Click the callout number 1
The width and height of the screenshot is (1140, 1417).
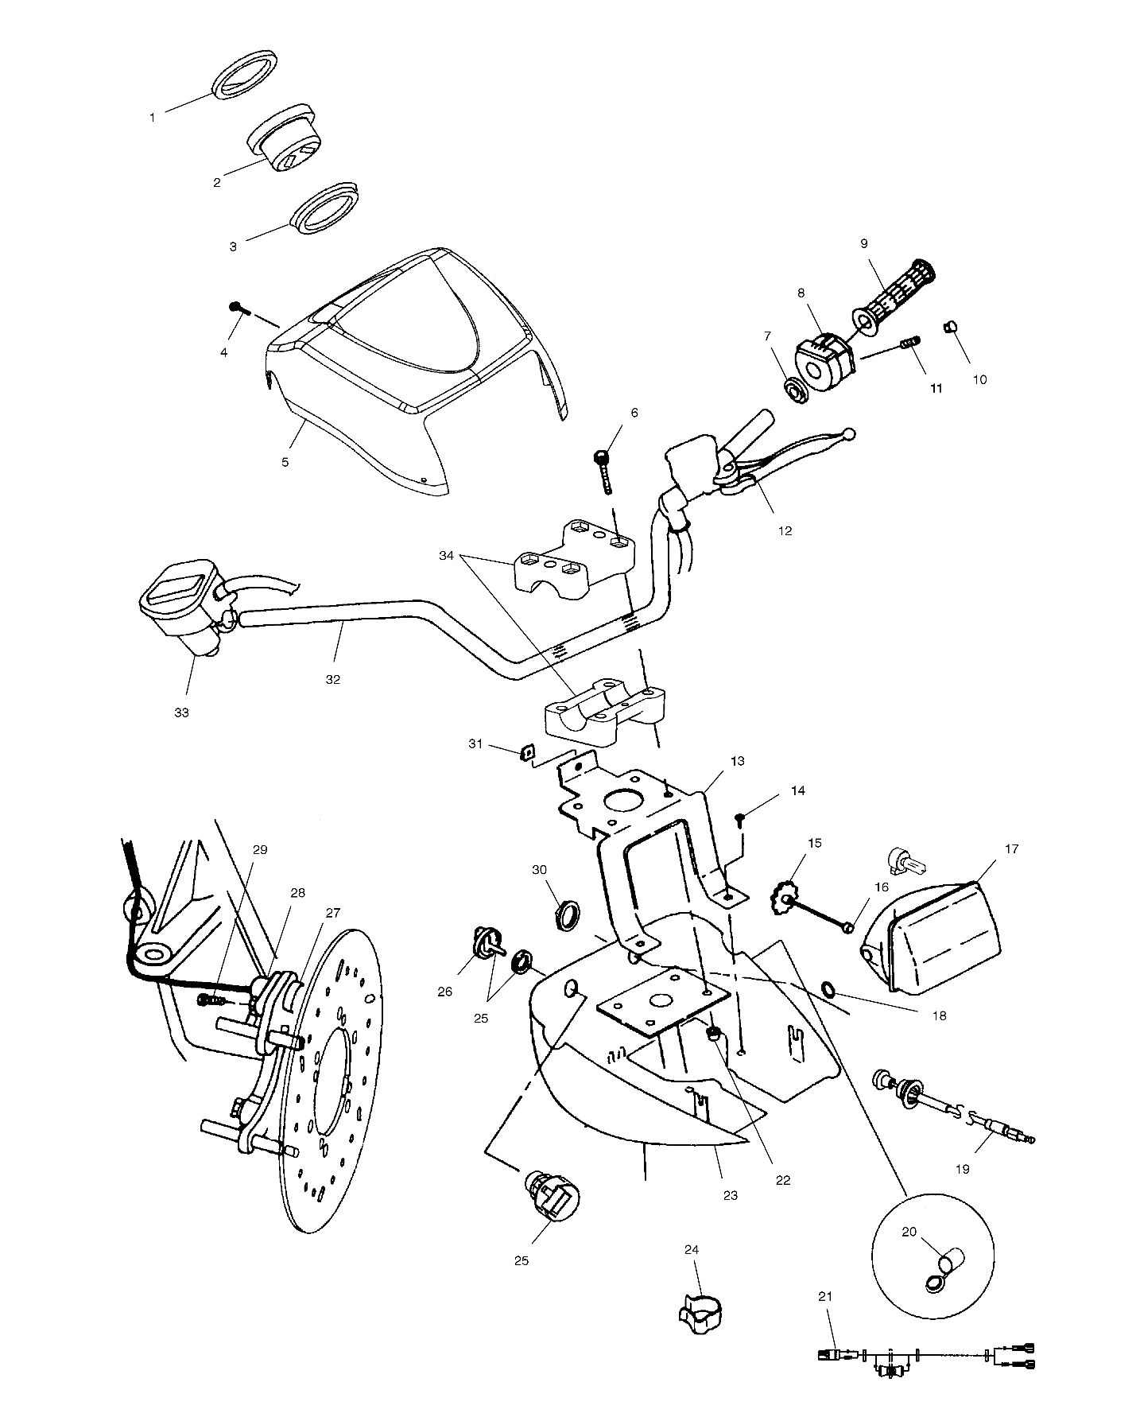(x=152, y=118)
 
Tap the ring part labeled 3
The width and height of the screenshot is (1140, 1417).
(x=325, y=211)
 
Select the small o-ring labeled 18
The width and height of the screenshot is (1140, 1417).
(x=828, y=989)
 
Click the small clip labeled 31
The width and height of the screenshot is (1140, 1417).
(x=525, y=751)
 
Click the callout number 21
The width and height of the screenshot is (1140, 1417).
(x=825, y=1319)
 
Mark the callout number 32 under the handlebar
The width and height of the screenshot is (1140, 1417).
(x=333, y=680)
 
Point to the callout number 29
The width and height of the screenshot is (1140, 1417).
(x=260, y=849)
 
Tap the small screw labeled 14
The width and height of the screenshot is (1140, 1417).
(x=741, y=820)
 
